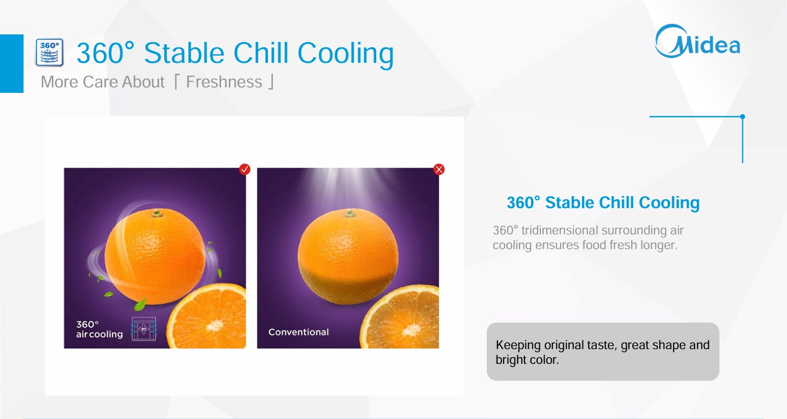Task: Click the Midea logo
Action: pyautogui.click(x=698, y=42)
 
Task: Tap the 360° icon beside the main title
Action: pyautogui.click(x=50, y=52)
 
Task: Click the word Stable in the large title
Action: pyautogui.click(x=184, y=53)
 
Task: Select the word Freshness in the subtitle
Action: pyautogui.click(x=224, y=82)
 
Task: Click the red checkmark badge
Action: pyautogui.click(x=244, y=169)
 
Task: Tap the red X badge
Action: pyautogui.click(x=439, y=169)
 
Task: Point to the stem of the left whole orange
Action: pyautogui.click(x=157, y=213)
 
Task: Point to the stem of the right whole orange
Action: pyautogui.click(x=349, y=213)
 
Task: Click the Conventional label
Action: pyautogui.click(x=299, y=332)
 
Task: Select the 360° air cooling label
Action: pyautogui.click(x=100, y=329)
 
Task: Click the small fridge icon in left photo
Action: pyautogui.click(x=144, y=328)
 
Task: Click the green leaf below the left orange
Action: pyautogui.click(x=140, y=304)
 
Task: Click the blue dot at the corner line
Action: pyautogui.click(x=742, y=116)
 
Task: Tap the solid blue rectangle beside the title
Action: pyautogui.click(x=11, y=63)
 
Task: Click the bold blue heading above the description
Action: pyautogui.click(x=603, y=203)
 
